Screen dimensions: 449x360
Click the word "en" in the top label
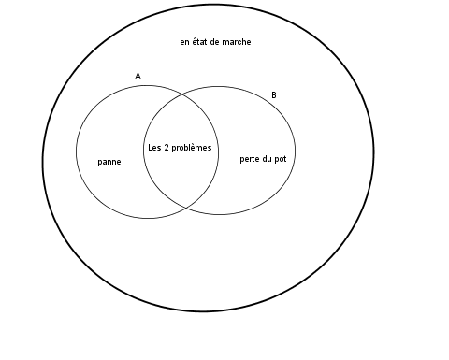click(184, 42)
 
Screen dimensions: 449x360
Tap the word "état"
click(201, 42)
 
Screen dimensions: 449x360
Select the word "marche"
click(236, 42)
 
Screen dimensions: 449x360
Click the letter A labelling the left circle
click(138, 76)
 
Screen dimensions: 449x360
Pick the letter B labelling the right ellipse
click(273, 95)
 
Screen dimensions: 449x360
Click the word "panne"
click(109, 162)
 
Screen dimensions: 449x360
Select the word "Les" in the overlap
click(155, 148)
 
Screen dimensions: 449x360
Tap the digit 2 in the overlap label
click(168, 148)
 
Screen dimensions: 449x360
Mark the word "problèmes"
click(193, 149)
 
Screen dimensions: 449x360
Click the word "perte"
click(251, 159)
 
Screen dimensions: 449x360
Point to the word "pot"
click(281, 159)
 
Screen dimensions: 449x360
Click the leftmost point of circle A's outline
click(76, 151)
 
